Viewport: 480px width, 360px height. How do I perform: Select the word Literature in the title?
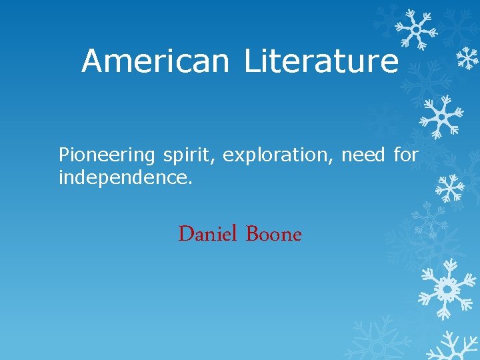point(321,61)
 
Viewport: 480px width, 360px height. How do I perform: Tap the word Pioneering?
point(107,156)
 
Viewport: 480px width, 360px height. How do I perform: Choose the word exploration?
point(279,155)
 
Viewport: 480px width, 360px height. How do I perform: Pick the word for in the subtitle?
point(405,155)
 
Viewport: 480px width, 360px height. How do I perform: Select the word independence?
point(124,178)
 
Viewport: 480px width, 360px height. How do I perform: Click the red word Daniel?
point(208,234)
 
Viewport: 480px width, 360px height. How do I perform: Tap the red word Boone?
point(274,234)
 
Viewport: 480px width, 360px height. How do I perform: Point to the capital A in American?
point(92,61)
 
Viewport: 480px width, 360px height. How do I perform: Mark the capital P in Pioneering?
point(64,155)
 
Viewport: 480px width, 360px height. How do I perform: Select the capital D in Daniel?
point(186,234)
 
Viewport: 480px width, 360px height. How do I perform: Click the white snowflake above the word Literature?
point(415,30)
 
